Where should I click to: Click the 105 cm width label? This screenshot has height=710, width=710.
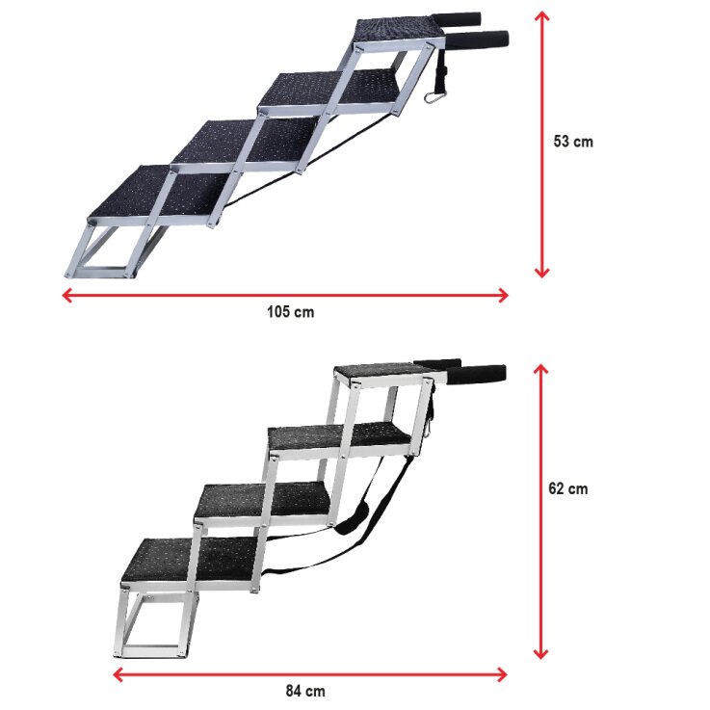[x=290, y=312]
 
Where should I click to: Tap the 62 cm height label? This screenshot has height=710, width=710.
[x=567, y=488]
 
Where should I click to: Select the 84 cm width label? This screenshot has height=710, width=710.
[x=306, y=691]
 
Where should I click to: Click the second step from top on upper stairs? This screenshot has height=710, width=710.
[x=328, y=90]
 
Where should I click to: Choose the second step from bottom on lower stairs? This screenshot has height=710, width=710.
[x=260, y=499]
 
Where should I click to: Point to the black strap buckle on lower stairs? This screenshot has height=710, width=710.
[x=353, y=521]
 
